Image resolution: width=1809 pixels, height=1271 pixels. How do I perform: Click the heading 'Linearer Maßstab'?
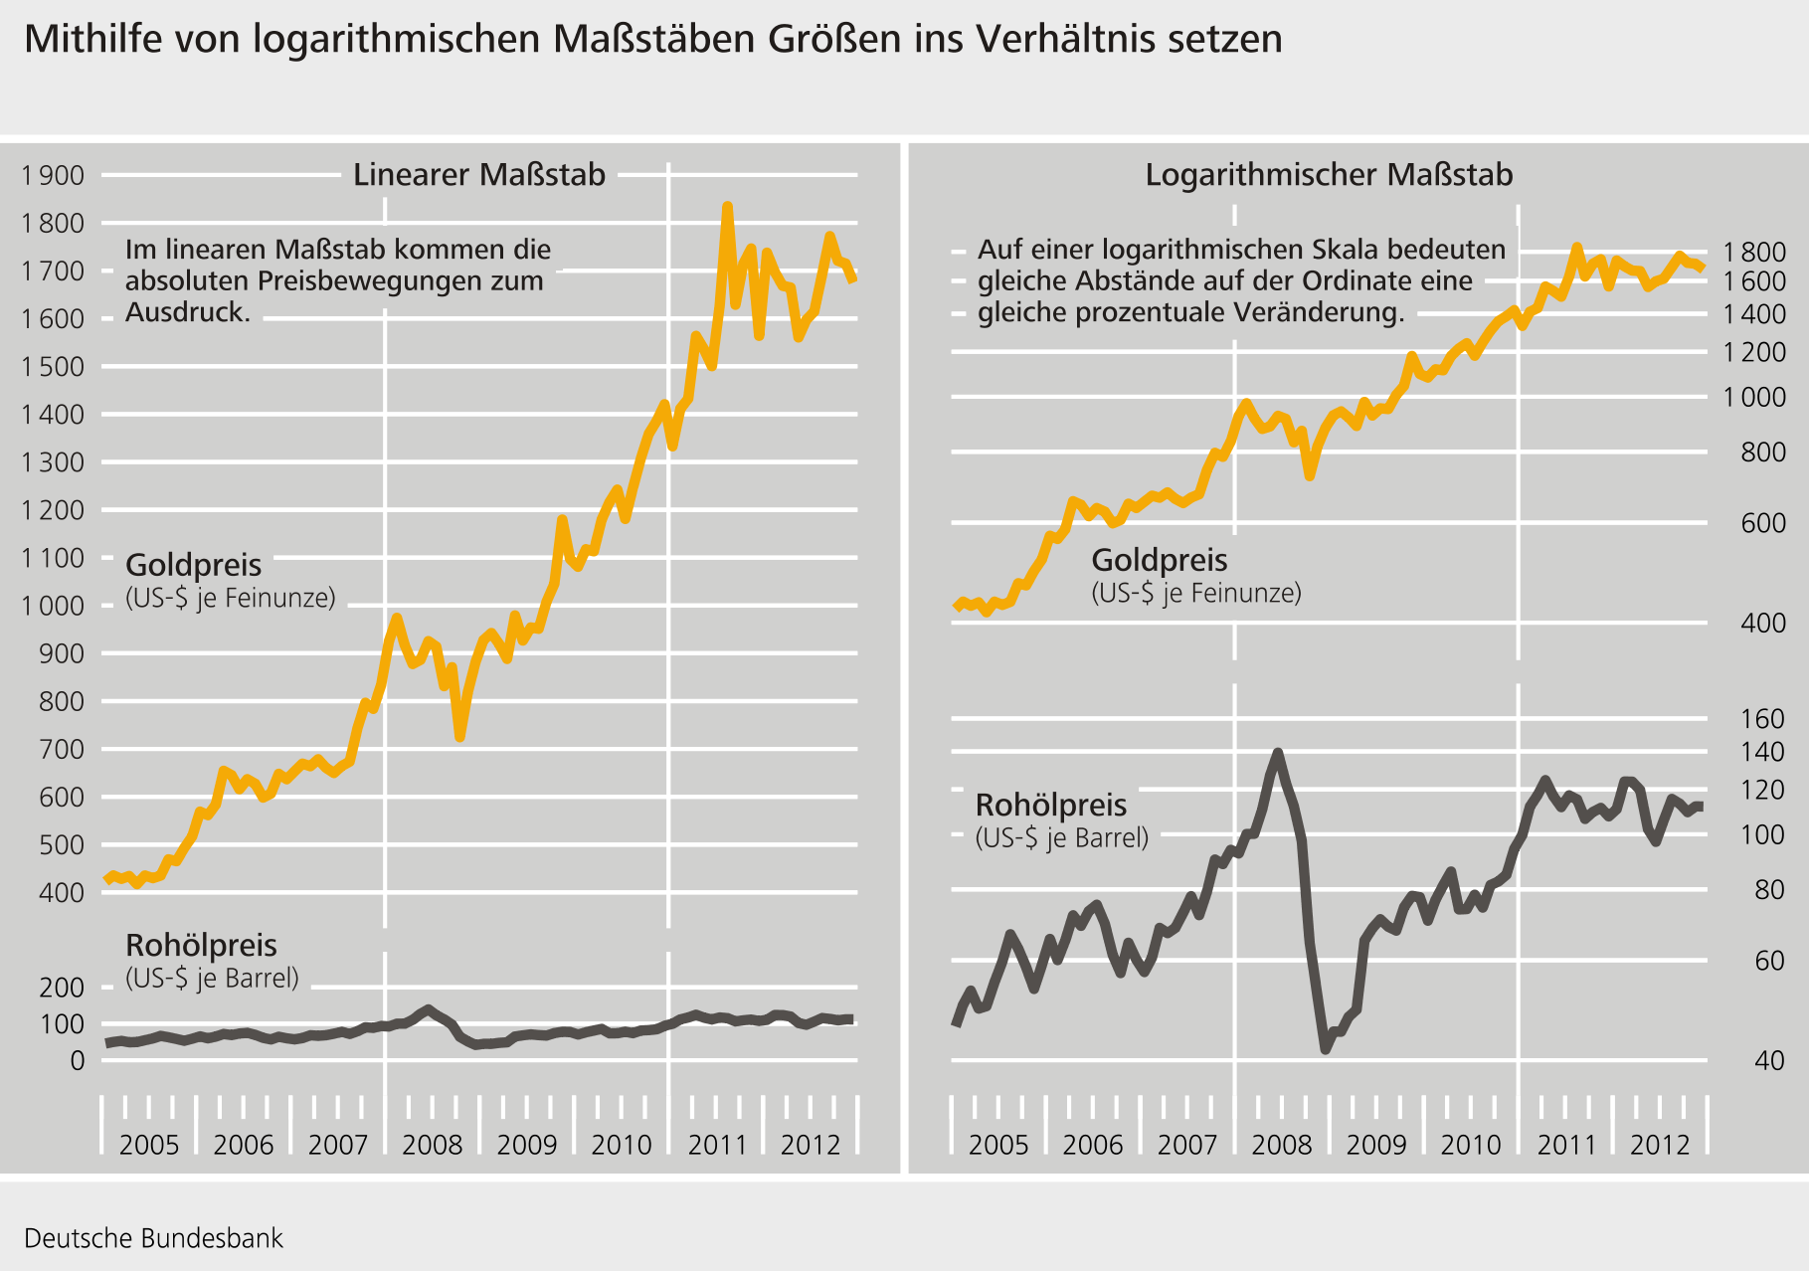479,175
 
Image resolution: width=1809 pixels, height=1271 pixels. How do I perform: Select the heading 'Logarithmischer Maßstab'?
1329,175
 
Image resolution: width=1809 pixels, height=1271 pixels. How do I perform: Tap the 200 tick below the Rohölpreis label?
63,988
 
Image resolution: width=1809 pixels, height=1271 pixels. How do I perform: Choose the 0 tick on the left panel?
78,1060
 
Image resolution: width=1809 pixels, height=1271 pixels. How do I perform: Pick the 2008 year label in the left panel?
433,1145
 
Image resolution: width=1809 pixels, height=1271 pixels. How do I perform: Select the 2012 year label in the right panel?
1660,1145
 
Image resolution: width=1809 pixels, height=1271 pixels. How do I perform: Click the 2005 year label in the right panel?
998,1145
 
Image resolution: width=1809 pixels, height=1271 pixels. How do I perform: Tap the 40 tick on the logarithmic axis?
1769,1060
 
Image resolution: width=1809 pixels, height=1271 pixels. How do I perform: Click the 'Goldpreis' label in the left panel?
194,565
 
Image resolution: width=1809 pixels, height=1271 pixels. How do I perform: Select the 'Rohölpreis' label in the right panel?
1051,805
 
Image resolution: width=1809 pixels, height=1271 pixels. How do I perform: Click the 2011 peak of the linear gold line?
727,207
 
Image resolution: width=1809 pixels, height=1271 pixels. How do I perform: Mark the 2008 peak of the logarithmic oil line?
1278,753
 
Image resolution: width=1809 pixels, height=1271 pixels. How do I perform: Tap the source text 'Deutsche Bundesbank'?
153,1238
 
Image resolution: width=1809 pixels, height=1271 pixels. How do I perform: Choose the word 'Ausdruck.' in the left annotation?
188,312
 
